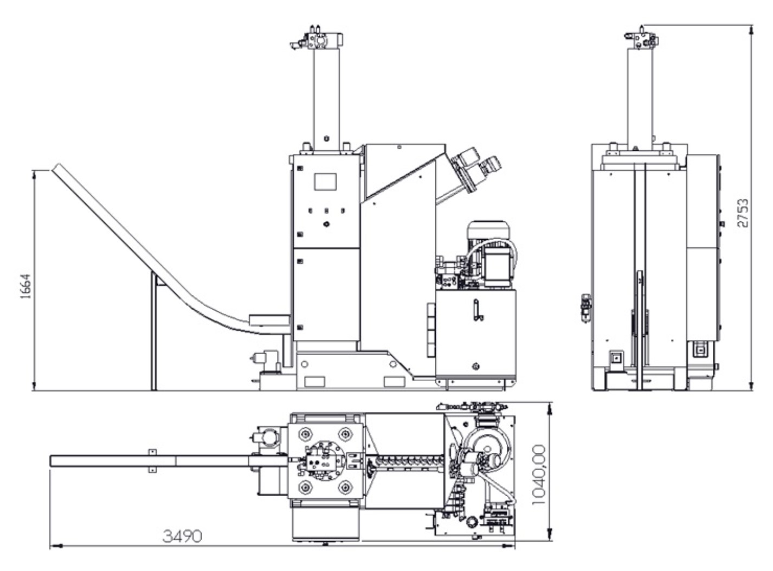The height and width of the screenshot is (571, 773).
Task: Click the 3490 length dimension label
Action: click(x=182, y=536)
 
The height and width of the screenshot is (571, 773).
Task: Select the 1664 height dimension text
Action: click(x=26, y=286)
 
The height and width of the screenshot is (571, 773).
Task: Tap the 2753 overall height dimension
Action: click(x=742, y=213)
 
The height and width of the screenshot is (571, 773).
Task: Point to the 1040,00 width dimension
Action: click(x=538, y=475)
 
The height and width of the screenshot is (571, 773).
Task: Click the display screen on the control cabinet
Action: click(x=325, y=182)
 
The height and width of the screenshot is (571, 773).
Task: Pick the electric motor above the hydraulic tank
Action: click(x=489, y=255)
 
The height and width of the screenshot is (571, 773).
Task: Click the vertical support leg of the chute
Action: click(x=154, y=331)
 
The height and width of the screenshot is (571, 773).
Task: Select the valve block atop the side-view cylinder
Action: click(x=317, y=41)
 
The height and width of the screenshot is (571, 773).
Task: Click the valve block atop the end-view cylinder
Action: click(x=641, y=41)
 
